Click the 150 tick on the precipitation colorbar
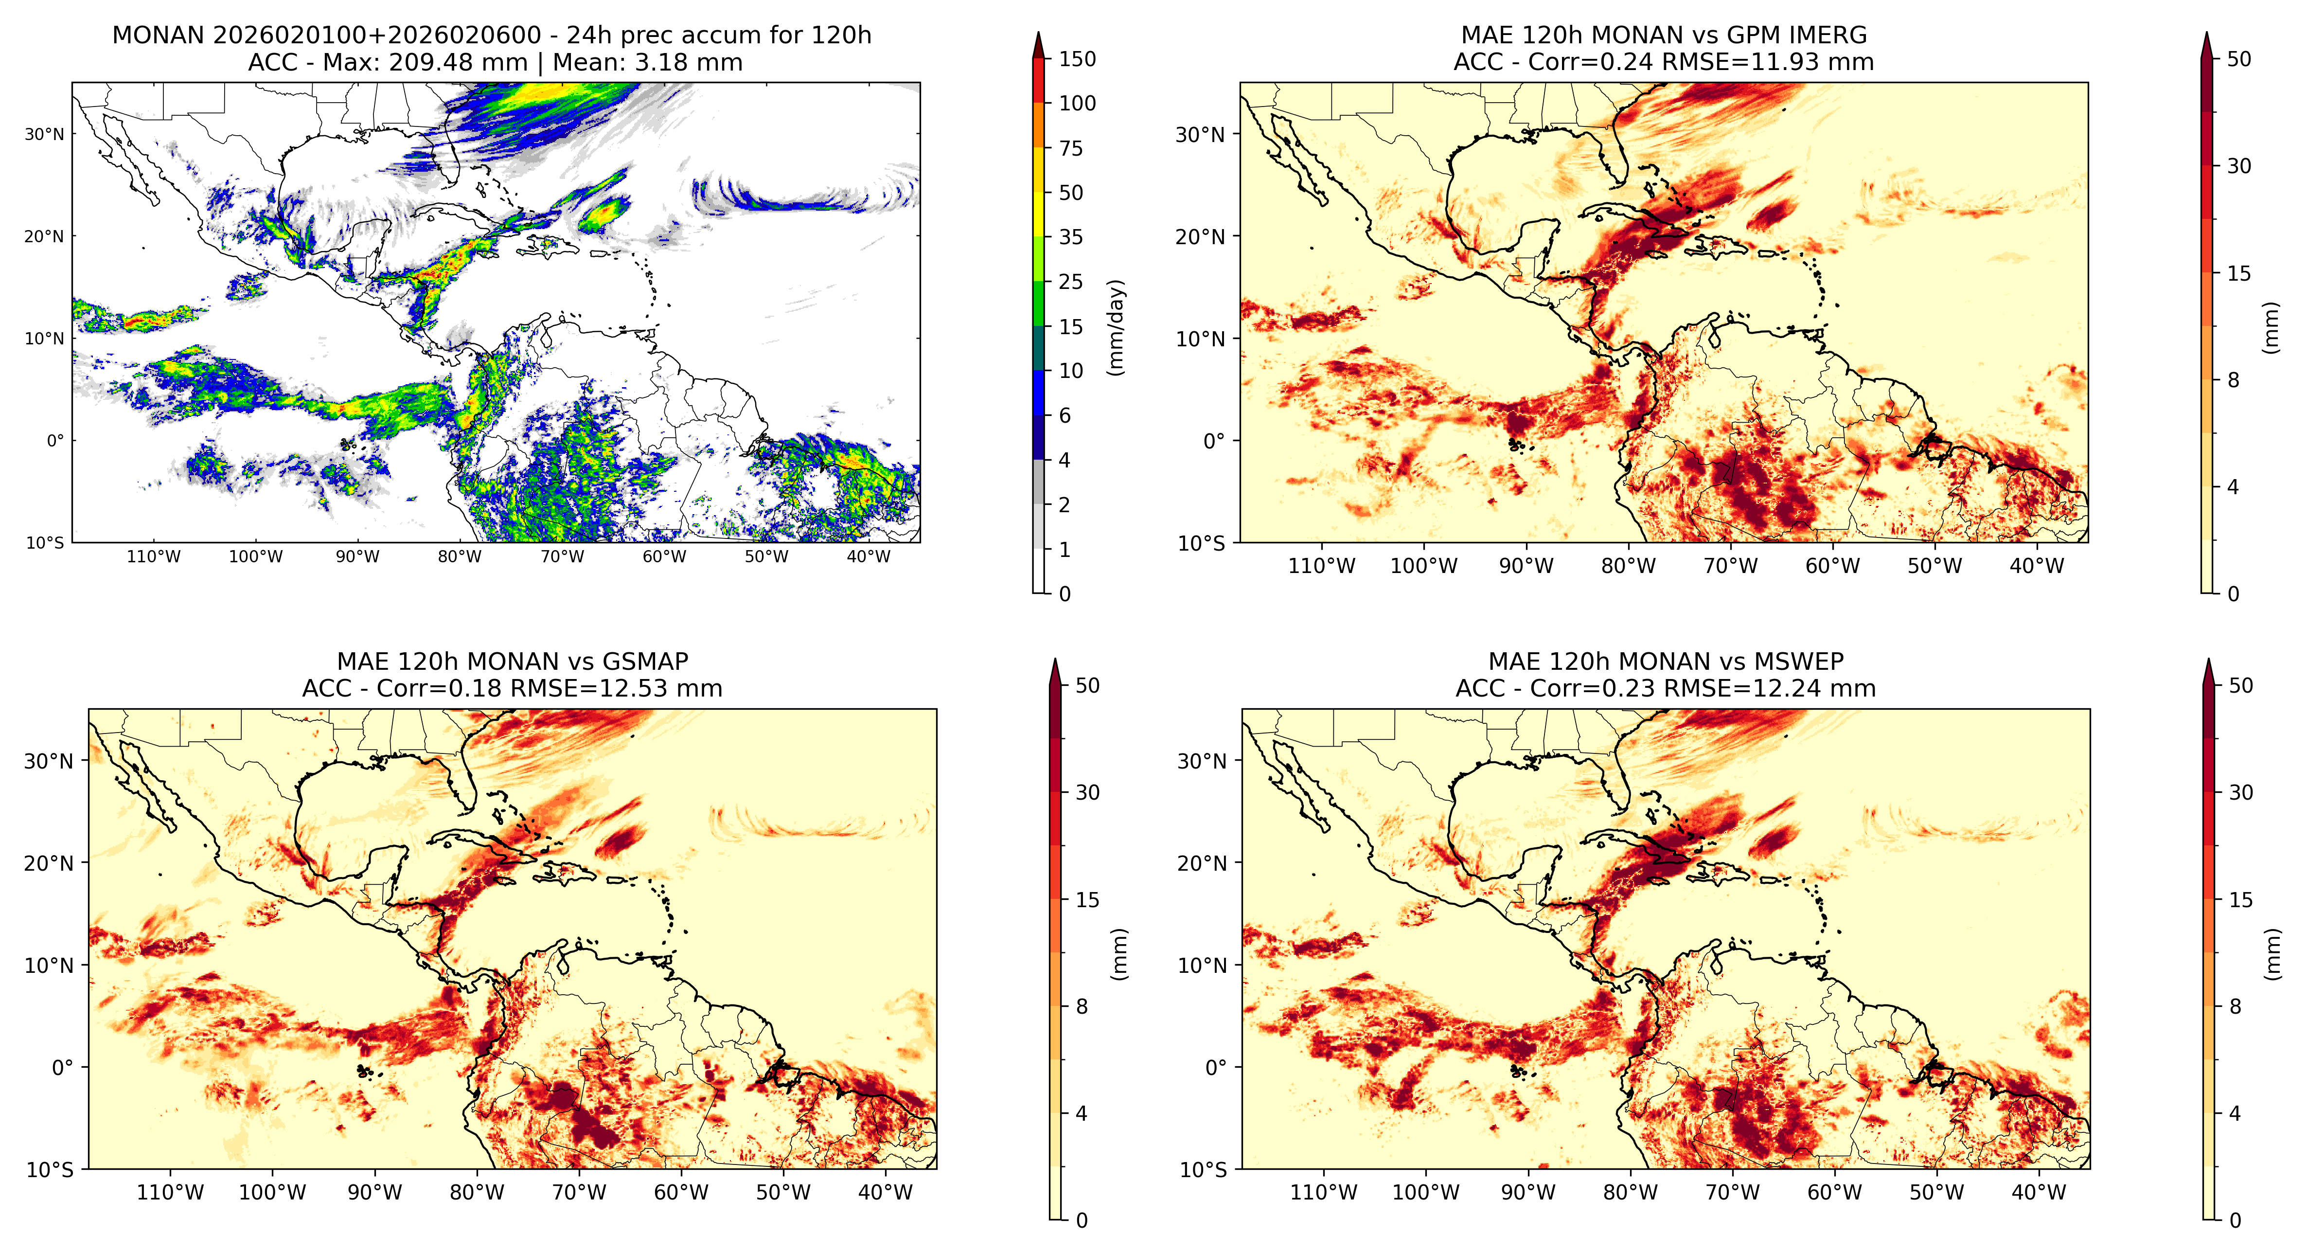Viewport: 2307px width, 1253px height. [x=1077, y=59]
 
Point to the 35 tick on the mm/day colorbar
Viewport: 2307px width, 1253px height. [x=1071, y=237]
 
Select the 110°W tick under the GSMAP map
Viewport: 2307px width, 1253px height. [x=170, y=1193]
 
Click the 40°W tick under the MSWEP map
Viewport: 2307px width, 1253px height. [x=2039, y=1193]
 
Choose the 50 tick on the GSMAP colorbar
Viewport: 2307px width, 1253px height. [x=1087, y=686]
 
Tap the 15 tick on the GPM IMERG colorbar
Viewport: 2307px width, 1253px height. [x=2239, y=273]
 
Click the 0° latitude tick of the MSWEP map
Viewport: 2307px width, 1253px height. [x=1215, y=1068]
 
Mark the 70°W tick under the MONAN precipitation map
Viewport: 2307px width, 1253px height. [x=563, y=556]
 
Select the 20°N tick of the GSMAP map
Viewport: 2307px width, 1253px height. [x=48, y=863]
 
